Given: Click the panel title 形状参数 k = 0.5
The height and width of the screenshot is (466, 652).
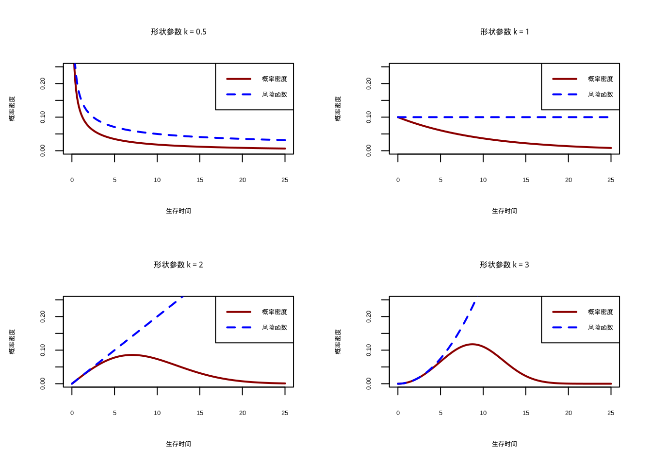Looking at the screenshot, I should point(179,32).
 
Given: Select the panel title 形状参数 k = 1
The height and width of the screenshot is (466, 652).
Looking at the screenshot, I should point(505,32).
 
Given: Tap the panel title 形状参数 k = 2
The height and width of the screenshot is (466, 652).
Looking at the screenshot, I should point(179,265).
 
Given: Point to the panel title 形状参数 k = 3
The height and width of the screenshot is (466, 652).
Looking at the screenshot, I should point(505,265).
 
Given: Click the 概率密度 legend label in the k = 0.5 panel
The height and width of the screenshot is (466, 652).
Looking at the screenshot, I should point(275,79).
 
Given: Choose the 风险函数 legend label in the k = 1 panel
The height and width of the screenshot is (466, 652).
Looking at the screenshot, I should point(601,95).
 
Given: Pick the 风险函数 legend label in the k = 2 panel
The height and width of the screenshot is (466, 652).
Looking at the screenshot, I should point(275,328).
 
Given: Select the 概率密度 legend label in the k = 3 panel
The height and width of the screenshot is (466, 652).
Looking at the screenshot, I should point(601,312).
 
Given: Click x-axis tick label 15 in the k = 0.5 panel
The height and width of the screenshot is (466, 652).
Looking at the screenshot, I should point(200,180).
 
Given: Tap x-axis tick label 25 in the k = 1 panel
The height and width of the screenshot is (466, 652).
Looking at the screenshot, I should point(611,180).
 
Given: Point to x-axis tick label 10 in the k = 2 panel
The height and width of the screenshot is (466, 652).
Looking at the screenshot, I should point(157,413).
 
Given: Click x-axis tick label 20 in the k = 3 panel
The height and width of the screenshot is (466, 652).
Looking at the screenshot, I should point(569,413).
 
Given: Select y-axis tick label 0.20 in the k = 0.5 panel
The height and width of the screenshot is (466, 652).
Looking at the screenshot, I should point(43,83).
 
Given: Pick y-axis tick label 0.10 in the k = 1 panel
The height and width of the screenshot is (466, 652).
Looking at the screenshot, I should point(369,117).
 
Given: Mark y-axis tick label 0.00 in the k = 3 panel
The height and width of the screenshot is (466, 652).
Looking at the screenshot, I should point(369,383).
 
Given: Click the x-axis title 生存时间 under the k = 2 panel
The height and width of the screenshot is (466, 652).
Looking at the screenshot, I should point(179,444).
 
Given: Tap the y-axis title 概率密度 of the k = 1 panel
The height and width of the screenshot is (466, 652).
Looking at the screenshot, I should point(338,109).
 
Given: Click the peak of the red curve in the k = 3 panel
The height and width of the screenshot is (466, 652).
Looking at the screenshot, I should point(473,344).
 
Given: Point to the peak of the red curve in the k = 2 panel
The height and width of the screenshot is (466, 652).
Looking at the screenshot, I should point(132,355).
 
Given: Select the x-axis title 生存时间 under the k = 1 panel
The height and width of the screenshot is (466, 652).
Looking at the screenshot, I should point(505,211).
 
